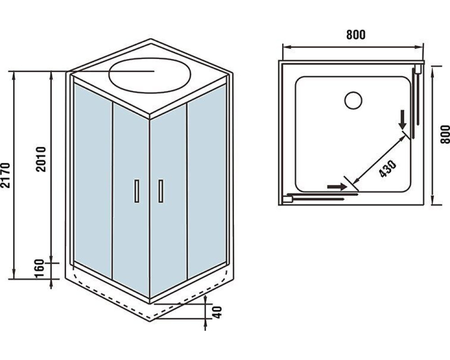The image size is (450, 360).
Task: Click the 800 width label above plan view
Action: coord(355,35)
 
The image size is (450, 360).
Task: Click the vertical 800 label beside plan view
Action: coord(445,134)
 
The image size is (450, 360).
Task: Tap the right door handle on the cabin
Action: coord(160,191)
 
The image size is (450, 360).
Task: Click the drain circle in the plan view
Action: coord(353,100)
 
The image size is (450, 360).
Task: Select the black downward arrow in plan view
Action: coord(402,119)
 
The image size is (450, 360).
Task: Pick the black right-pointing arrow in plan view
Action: coord(337,186)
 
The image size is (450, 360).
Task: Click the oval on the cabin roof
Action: coord(150,75)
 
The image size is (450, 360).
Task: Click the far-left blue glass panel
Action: coord(92,180)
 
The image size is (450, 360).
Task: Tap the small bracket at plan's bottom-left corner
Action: coord(288,198)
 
